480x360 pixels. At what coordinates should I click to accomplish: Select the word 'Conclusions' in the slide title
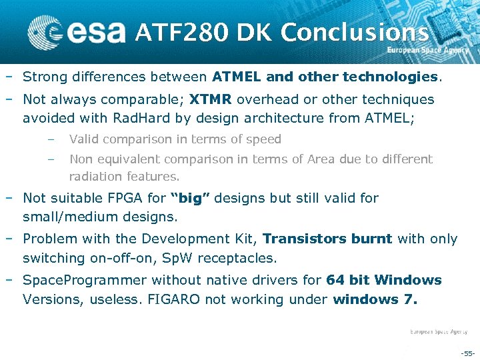click(x=355, y=31)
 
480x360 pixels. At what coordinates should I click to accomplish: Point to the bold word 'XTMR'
click(x=211, y=99)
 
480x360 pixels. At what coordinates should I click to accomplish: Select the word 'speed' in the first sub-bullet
click(x=263, y=139)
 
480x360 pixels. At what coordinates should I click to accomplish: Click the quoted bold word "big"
click(x=191, y=198)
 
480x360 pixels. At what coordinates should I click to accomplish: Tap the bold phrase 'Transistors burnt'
click(x=327, y=239)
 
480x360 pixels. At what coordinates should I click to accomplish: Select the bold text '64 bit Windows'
click(x=383, y=280)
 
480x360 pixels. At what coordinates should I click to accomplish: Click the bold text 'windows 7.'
click(x=375, y=299)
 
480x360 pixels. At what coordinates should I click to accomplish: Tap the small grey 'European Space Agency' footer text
click(x=438, y=331)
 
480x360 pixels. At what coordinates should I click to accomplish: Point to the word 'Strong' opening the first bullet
click(x=46, y=77)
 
